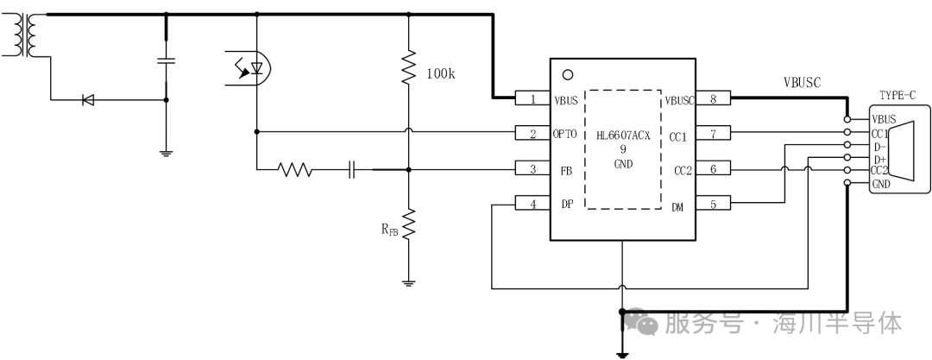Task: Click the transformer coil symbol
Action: tap(24, 35)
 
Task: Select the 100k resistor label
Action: tap(440, 73)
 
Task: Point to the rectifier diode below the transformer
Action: tap(88, 100)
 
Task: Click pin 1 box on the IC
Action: tap(532, 99)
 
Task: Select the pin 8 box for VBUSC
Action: tap(713, 99)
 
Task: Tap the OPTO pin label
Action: tap(565, 135)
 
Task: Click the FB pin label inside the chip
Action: tap(566, 169)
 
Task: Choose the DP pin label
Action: tap(566, 204)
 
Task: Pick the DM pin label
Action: tap(677, 207)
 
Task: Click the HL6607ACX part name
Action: tap(623, 136)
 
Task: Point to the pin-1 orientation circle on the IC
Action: tap(568, 75)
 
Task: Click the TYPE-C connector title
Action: tap(897, 95)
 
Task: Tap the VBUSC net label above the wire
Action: tap(802, 83)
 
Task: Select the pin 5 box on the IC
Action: tap(713, 204)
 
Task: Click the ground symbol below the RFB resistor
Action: tap(407, 283)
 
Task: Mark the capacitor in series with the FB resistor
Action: tap(352, 170)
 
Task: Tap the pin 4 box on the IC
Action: tap(532, 204)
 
